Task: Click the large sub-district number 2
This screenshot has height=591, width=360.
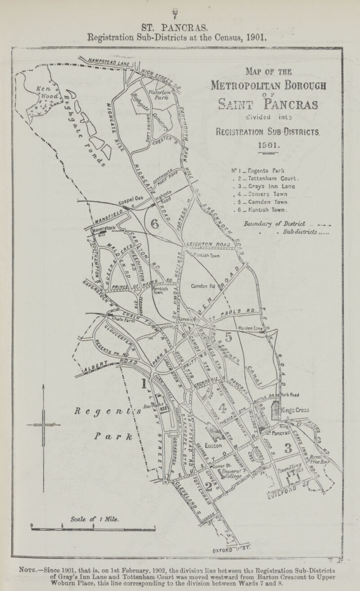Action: pos(208,487)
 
